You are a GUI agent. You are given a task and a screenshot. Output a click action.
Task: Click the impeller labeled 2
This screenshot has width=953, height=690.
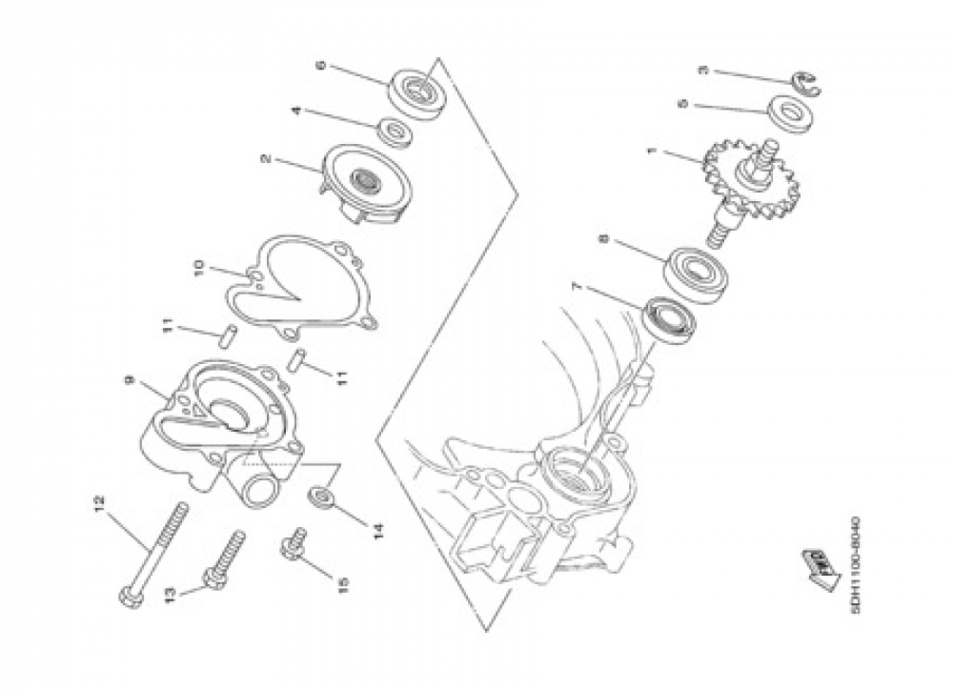(367, 184)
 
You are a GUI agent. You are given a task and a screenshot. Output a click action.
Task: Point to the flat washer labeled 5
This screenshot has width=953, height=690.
(789, 113)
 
